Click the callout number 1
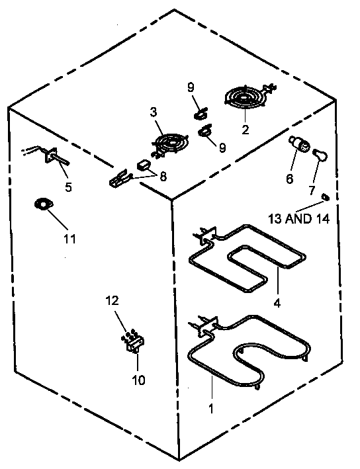210,408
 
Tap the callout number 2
245,130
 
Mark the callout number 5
68,187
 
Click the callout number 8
163,177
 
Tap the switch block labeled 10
135,343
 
